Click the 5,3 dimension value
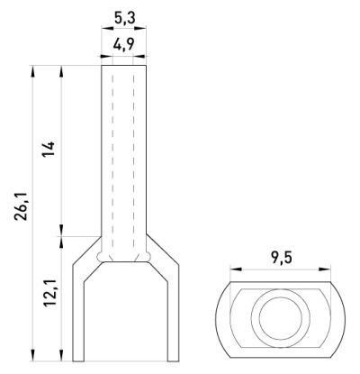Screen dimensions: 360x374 click(x=124, y=18)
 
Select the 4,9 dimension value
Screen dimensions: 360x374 click(x=123, y=45)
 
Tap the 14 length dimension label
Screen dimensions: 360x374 click(x=49, y=149)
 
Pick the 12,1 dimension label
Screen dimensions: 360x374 click(x=49, y=293)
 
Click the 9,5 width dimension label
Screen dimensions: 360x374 click(x=282, y=259)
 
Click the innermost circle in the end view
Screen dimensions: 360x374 click(x=281, y=319)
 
